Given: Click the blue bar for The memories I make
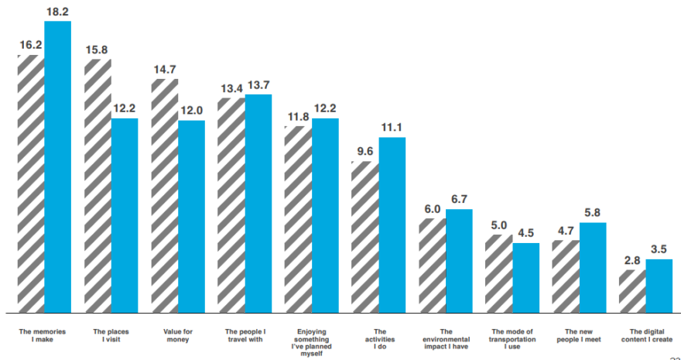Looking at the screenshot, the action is click(58, 166).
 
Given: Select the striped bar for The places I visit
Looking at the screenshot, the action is click(98, 186).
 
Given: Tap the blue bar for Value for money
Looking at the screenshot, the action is click(192, 217).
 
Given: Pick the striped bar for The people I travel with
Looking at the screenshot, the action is click(231, 205).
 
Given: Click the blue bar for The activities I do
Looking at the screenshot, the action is click(392, 225).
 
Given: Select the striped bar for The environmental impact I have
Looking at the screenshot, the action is click(433, 266).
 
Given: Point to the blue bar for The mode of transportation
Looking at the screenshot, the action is click(526, 278).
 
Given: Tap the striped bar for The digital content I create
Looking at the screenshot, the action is click(632, 291).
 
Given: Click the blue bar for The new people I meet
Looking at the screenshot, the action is click(593, 268).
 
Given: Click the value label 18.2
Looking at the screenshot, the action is click(58, 12).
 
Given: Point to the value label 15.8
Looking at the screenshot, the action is click(97, 50).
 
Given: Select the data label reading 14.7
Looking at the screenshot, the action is click(165, 70).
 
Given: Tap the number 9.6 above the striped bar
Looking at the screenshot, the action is click(364, 152).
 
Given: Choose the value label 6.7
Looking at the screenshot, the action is click(459, 199).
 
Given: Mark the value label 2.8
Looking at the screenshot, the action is click(632, 260).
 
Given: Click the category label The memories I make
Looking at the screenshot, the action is click(43, 335).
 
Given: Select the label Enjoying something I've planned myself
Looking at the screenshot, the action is click(312, 343).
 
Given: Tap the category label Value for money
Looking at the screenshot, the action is click(178, 335).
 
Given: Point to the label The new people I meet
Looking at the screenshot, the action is click(580, 335).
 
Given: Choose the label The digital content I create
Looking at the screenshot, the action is click(647, 335).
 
